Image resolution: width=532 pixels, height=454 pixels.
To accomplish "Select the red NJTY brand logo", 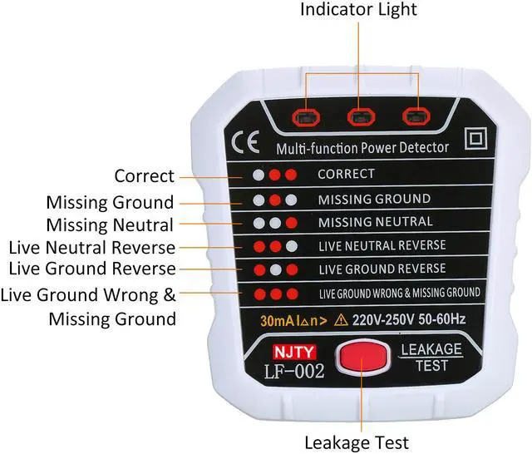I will click(293, 352).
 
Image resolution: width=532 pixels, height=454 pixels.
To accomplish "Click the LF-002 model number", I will click(293, 371).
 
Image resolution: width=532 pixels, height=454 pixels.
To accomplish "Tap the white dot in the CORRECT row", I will click(259, 175).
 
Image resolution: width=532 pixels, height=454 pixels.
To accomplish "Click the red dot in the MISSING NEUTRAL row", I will click(291, 223).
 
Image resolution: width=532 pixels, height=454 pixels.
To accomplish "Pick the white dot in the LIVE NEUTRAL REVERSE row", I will click(291, 247).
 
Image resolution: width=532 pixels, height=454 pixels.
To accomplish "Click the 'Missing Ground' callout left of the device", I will click(110, 202).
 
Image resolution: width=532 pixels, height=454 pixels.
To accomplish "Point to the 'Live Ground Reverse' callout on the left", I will click(91, 269).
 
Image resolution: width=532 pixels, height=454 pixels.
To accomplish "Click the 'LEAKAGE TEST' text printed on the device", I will click(432, 358).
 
